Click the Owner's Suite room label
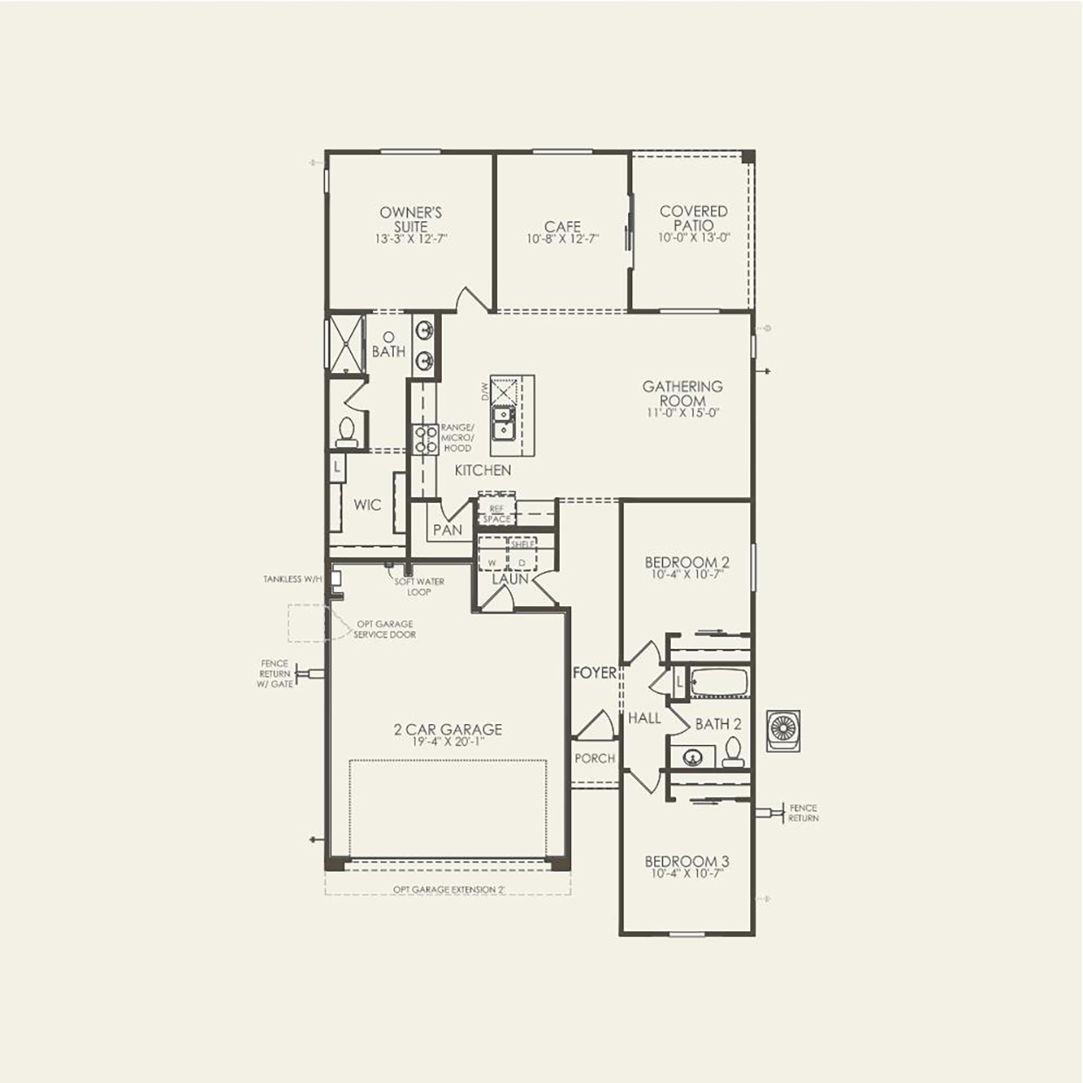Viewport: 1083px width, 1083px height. (410, 219)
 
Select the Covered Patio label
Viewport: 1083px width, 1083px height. (693, 217)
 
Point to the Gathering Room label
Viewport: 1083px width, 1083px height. (682, 393)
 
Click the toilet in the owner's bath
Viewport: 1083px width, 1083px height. (347, 431)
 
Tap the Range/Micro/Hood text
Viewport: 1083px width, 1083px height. (457, 438)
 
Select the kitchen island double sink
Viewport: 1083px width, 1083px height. (503, 423)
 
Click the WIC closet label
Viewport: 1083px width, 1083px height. (367, 505)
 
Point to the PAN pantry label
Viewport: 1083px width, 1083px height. (447, 530)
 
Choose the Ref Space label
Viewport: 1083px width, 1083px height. (496, 514)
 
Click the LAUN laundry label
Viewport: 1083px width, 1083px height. (509, 578)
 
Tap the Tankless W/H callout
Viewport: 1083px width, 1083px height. (293, 579)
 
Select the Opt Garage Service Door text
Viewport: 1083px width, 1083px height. (384, 630)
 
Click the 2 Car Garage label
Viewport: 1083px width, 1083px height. (448, 729)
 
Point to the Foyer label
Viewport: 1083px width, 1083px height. (594, 673)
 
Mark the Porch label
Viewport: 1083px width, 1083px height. (595, 758)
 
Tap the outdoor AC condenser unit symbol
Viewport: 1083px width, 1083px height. (783, 730)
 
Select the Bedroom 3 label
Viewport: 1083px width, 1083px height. (686, 862)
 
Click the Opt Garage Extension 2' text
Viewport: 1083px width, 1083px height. (449, 889)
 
